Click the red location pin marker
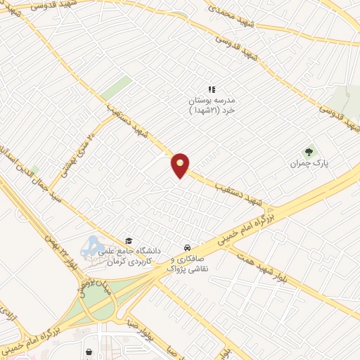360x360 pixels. click(x=181, y=165)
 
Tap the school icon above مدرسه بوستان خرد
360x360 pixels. click(x=211, y=89)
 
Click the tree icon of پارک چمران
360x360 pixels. click(x=309, y=151)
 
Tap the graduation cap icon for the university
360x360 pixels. click(x=128, y=240)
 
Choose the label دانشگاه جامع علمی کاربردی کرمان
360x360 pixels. click(x=134, y=255)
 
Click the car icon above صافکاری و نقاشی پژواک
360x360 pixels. click(x=188, y=247)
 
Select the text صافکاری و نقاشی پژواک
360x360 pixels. click(x=188, y=264)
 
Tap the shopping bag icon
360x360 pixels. click(x=89, y=351)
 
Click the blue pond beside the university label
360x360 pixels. click(x=91, y=247)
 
